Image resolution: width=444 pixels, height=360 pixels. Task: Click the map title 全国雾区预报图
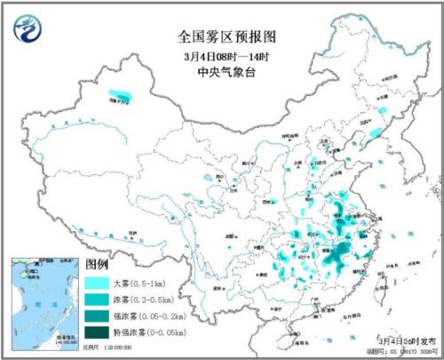point(221,36)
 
